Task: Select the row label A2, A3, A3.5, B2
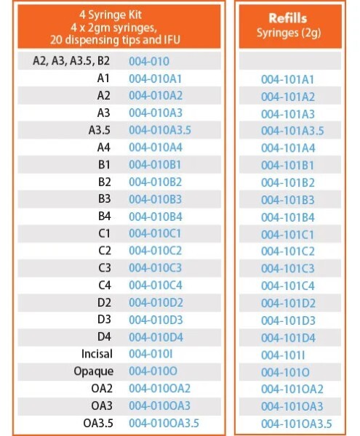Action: [71, 61]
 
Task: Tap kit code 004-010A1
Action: [155, 78]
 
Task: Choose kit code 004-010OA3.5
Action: [164, 423]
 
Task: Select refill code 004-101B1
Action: [287, 165]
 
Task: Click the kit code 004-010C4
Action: [155, 285]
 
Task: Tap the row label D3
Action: [103, 320]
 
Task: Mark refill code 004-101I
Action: [285, 355]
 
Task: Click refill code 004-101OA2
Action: [292, 389]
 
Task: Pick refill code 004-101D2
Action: [288, 303]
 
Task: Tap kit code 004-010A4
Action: [155, 148]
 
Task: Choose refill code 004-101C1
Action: [287, 234]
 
